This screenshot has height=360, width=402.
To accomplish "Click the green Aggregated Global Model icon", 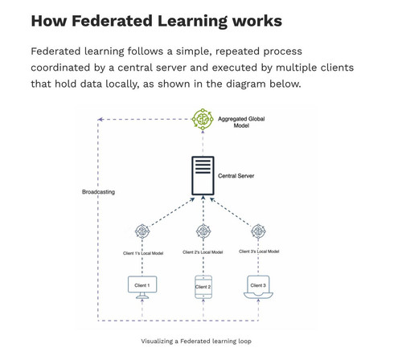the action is [203, 119].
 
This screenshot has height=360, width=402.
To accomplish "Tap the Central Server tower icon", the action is [203, 175].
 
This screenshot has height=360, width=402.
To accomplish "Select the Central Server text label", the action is [236, 176].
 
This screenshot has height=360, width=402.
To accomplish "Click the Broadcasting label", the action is [98, 192].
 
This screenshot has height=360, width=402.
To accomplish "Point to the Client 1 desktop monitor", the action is [142, 287].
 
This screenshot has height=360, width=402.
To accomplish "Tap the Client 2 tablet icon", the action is [203, 287].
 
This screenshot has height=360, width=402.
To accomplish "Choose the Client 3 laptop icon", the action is [258, 287].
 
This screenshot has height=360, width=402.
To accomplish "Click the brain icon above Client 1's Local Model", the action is [142, 231].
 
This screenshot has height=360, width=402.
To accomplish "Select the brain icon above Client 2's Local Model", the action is [203, 231].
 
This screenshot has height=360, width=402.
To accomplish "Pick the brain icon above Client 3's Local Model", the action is [258, 231].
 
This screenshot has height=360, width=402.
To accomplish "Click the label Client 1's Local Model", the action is [143, 253].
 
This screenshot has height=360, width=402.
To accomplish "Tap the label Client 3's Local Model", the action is [259, 252].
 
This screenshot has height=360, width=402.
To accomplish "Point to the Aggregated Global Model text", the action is [241, 122].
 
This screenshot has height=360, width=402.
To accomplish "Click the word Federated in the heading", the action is [112, 21].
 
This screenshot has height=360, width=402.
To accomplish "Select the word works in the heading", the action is [256, 21].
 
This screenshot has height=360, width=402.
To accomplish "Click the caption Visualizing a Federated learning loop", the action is [196, 342].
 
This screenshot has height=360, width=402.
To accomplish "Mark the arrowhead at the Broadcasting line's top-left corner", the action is [100, 119].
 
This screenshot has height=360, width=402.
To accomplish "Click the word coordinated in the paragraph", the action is [60, 67].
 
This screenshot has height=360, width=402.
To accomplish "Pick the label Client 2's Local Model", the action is [203, 252].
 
